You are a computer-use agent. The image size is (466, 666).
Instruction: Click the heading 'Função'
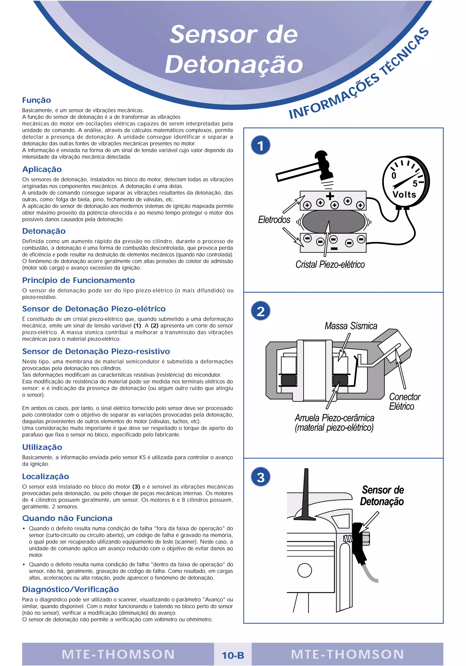click(37, 100)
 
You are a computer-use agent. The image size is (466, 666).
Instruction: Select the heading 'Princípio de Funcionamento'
click(78, 280)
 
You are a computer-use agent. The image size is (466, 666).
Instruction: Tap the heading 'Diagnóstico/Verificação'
click(71, 589)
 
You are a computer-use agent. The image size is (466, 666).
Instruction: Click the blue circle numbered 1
click(261, 145)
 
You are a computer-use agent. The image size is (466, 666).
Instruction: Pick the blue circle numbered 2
click(261, 311)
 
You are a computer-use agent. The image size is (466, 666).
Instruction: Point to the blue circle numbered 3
click(261, 477)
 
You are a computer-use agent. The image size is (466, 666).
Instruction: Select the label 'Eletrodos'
click(274, 219)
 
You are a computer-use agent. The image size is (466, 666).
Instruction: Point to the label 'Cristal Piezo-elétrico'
click(330, 265)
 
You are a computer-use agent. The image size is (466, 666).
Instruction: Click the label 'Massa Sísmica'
click(351, 326)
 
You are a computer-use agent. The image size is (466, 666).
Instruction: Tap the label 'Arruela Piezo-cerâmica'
click(334, 418)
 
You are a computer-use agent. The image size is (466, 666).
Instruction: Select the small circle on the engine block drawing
click(304, 570)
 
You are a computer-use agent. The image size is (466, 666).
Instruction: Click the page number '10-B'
click(233, 655)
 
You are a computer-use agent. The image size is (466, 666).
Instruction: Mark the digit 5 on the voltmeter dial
click(415, 184)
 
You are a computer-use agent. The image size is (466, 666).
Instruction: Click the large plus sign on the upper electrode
click(330, 196)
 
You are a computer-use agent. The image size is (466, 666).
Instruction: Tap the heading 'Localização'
click(46, 476)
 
